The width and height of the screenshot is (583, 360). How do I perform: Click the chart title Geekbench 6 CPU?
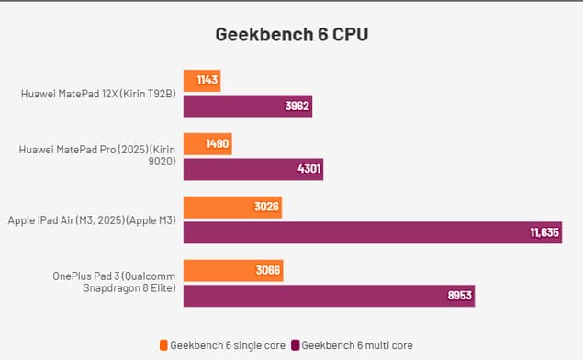pyautogui.click(x=291, y=35)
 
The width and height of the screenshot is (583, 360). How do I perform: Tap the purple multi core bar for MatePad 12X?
pyautogui.click(x=239, y=106)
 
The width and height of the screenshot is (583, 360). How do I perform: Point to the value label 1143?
pyautogui.click(x=207, y=81)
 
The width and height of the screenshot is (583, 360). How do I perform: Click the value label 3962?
pyautogui.click(x=297, y=106)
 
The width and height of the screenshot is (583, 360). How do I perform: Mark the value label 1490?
pyautogui.click(x=218, y=144)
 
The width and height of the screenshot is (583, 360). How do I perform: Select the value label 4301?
pyautogui.click(x=308, y=169)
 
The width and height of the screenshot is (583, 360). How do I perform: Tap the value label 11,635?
pyautogui.click(x=544, y=232)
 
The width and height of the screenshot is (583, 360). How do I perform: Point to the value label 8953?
pyautogui.click(x=459, y=296)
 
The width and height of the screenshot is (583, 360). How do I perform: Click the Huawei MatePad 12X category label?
pyautogui.click(x=96, y=93)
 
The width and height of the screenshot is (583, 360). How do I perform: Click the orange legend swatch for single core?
pyautogui.click(x=163, y=345)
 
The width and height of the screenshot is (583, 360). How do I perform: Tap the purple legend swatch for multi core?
pyautogui.click(x=297, y=345)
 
